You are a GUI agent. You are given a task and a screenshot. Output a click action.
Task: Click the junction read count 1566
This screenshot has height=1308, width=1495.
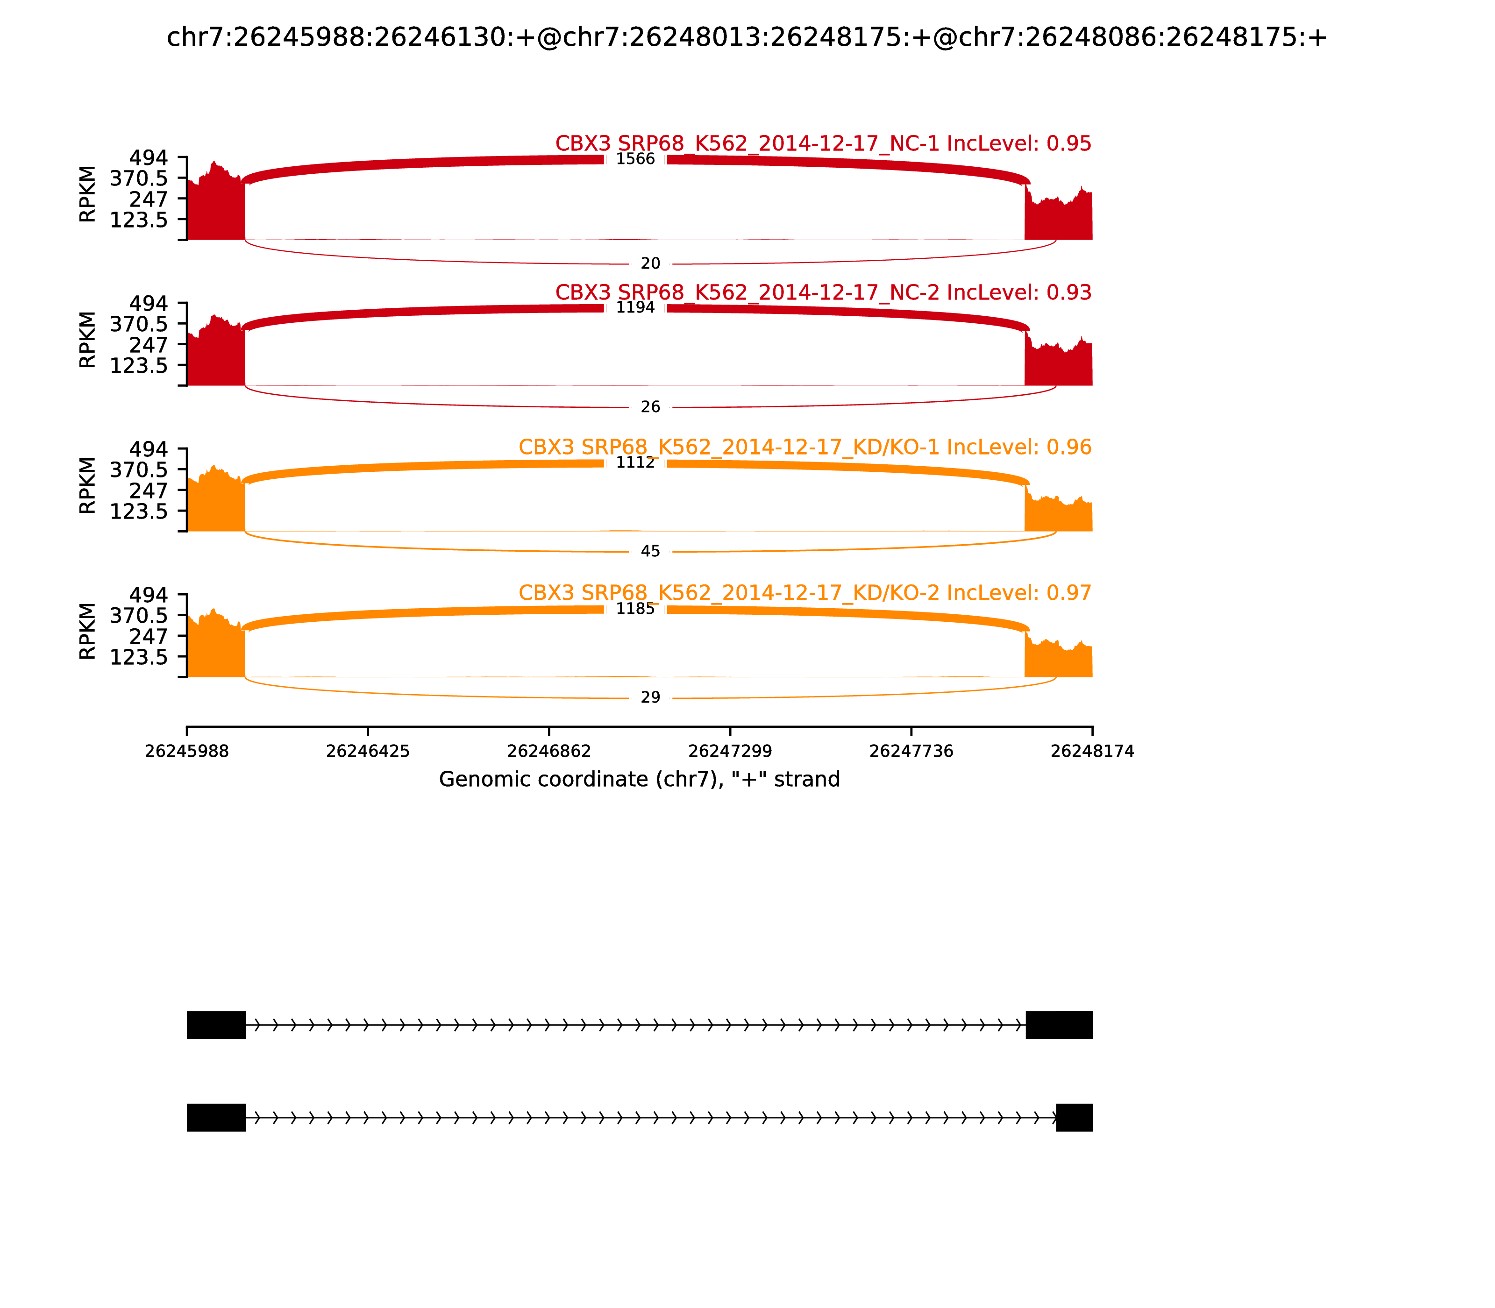[635, 159]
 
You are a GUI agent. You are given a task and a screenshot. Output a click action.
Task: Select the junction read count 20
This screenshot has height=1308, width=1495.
[650, 263]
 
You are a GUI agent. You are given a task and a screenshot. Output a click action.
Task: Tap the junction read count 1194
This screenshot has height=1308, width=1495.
[635, 307]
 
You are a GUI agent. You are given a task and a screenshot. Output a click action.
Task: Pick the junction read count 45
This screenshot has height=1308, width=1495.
[650, 551]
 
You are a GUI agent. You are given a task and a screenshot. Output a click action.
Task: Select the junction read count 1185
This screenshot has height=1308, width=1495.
[635, 609]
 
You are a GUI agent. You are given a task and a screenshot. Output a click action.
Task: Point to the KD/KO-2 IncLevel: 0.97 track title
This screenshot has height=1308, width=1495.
[804, 593]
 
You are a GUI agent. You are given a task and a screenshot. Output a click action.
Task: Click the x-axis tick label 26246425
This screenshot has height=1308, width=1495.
[368, 751]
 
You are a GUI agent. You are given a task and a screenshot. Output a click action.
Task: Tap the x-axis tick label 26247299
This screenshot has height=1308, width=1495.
[730, 751]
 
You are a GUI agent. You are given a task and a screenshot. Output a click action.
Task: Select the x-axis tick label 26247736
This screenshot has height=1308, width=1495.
[911, 751]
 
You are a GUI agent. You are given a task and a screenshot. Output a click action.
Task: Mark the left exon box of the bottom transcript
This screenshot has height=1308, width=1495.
[216, 1117]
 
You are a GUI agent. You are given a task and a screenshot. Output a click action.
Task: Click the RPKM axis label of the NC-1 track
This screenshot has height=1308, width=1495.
[87, 194]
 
